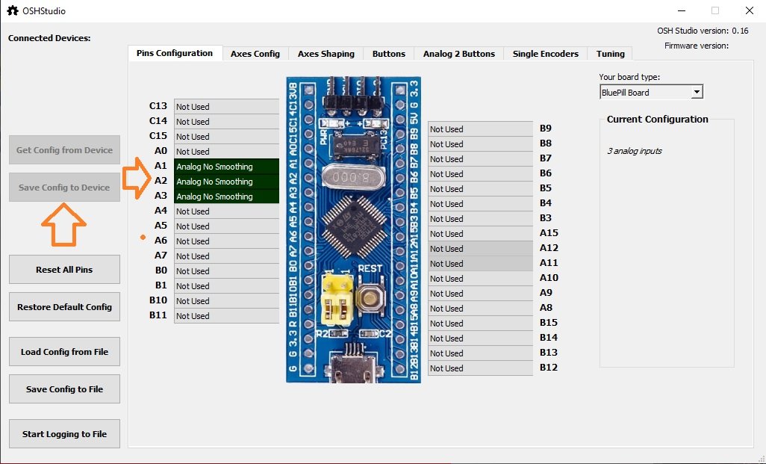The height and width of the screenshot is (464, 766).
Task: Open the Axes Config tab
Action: pyautogui.click(x=255, y=54)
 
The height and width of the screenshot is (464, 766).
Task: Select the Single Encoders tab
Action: pyautogui.click(x=545, y=54)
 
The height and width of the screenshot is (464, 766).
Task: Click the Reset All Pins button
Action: pyautogui.click(x=64, y=269)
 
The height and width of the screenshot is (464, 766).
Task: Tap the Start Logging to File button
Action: pyautogui.click(x=64, y=433)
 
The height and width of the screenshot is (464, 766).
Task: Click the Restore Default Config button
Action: pyautogui.click(x=64, y=306)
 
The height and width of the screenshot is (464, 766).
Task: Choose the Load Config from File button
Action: pyautogui.click(x=64, y=351)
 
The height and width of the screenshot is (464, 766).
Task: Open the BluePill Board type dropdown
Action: pyautogui.click(x=651, y=93)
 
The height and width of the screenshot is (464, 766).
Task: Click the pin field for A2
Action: pyautogui.click(x=226, y=182)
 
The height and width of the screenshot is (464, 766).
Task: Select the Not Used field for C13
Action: pyautogui.click(x=226, y=107)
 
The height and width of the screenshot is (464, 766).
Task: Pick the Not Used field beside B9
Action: pyautogui.click(x=480, y=129)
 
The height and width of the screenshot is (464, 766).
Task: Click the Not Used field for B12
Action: pyautogui.click(x=480, y=368)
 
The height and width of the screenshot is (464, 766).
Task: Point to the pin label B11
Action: pyautogui.click(x=158, y=315)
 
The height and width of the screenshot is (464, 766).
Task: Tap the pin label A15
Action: pyautogui.click(x=549, y=233)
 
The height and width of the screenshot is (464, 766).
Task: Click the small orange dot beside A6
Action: pyautogui.click(x=142, y=238)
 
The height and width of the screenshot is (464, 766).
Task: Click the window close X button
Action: pyautogui.click(x=749, y=11)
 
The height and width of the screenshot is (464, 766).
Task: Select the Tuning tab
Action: pyautogui.click(x=611, y=54)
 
